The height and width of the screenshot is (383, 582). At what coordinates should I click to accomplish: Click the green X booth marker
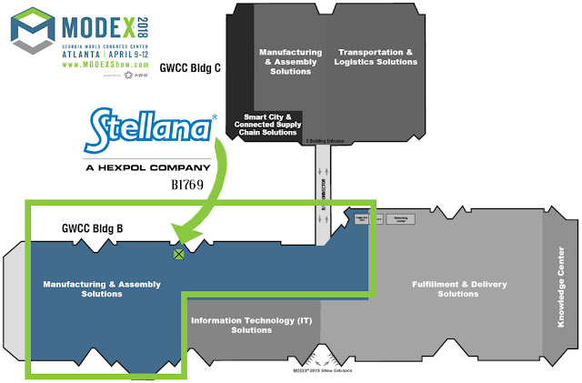click(179, 255)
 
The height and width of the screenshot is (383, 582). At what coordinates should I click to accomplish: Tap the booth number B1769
click(192, 184)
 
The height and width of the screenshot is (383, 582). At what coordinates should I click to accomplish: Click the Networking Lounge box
click(399, 219)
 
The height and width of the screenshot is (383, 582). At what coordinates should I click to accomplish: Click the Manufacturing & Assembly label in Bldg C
click(290, 62)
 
